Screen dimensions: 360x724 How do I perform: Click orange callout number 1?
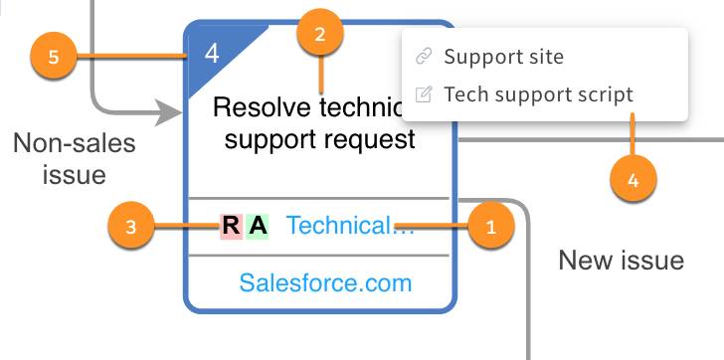488,226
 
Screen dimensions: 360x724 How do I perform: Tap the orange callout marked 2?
319,34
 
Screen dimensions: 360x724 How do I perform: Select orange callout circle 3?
132,227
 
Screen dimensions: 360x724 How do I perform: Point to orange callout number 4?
633,180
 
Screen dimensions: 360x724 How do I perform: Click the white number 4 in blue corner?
212,53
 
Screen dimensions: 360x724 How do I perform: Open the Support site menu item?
503,57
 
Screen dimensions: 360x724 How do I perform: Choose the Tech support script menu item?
538,94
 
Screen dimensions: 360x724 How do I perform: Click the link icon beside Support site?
424,57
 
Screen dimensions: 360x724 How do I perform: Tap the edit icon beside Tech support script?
424,94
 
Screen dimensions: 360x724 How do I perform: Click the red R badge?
231,227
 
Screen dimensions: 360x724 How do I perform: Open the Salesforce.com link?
325,283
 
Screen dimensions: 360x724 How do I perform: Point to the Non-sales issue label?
74,159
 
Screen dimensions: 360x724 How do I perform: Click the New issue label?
621,261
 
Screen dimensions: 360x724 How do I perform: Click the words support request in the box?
319,139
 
